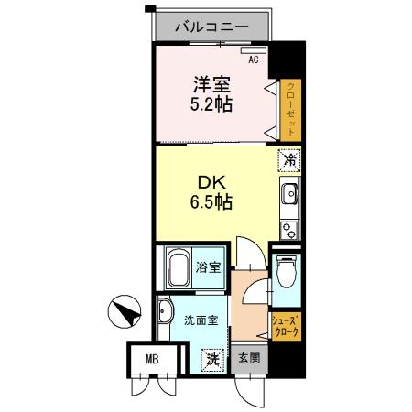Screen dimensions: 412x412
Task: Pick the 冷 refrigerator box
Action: pyautogui.click(x=289, y=160)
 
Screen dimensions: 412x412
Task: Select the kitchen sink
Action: pyautogui.click(x=290, y=195)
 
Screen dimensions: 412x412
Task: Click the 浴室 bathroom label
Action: pyautogui.click(x=209, y=268)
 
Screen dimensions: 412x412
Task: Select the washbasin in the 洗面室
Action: pyautogui.click(x=165, y=313)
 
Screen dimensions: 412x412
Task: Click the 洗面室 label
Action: pyautogui.click(x=201, y=321)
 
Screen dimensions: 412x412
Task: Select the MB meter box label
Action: pyautogui.click(x=148, y=359)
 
